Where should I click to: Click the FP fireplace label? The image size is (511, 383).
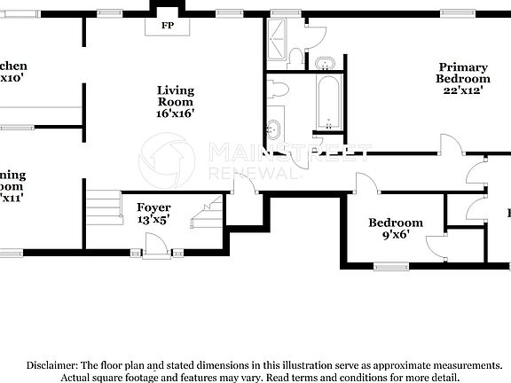pyautogui.click(x=167, y=26)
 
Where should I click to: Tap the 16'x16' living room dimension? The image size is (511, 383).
pyautogui.click(x=175, y=113)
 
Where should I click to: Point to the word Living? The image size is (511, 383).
pyautogui.click(x=175, y=90)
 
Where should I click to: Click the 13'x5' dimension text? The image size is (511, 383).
pyautogui.click(x=153, y=220)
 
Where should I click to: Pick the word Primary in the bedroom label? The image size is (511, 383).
pyautogui.click(x=462, y=67)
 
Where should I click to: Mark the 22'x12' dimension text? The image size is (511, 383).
pyautogui.click(x=462, y=90)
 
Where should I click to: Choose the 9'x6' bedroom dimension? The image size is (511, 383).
pyautogui.click(x=396, y=235)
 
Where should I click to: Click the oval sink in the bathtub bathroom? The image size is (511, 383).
pyautogui.click(x=275, y=128)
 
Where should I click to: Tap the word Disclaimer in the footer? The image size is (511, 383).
pyautogui.click(x=51, y=365)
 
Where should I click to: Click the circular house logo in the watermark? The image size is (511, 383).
pyautogui.click(x=167, y=160)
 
